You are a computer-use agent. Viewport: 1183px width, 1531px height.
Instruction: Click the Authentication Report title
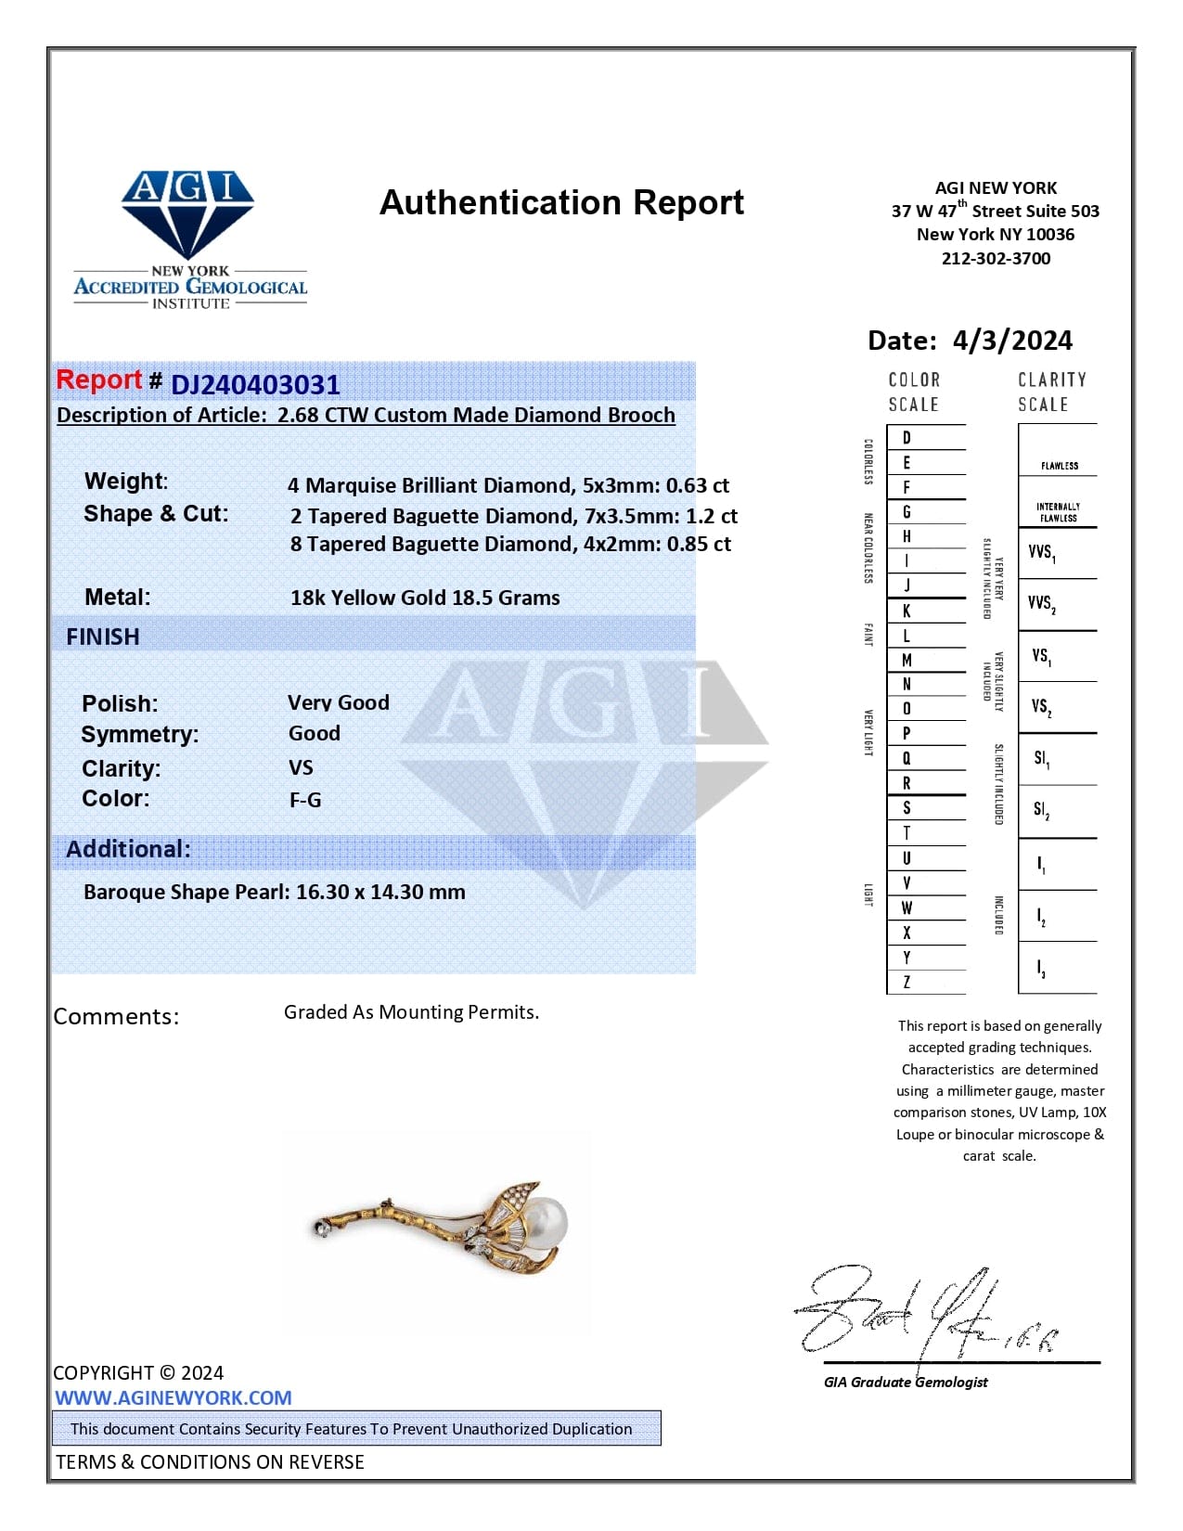point(561,202)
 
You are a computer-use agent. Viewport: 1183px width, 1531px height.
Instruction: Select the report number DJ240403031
point(255,384)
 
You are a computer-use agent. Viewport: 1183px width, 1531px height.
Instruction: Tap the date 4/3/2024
point(1012,341)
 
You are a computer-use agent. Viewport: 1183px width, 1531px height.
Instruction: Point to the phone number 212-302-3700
point(996,259)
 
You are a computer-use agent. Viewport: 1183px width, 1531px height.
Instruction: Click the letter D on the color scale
point(907,438)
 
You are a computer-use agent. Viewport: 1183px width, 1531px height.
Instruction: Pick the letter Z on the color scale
point(907,982)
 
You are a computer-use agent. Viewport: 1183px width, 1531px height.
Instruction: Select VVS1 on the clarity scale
point(1042,553)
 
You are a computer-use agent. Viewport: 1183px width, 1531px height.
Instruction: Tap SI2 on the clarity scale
point(1042,810)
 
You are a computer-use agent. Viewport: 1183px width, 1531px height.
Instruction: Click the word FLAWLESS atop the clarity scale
point(1059,466)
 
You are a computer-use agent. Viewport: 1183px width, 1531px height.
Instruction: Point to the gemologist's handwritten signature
point(919,1313)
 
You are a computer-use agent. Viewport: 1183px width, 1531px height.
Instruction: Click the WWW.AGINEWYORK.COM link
point(174,1397)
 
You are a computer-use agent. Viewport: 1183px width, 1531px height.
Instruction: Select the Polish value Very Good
point(338,702)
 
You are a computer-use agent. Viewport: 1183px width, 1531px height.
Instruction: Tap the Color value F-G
point(305,799)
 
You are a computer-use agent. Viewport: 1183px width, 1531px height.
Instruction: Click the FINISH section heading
point(103,637)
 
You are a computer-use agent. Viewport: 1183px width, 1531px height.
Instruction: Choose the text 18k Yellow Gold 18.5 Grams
point(425,598)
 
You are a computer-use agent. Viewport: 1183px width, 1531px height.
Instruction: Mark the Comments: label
point(116,1016)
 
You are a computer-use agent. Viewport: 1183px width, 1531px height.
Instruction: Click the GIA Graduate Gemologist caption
point(906,1382)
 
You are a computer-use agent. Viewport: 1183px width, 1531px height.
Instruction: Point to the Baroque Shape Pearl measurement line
point(275,892)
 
